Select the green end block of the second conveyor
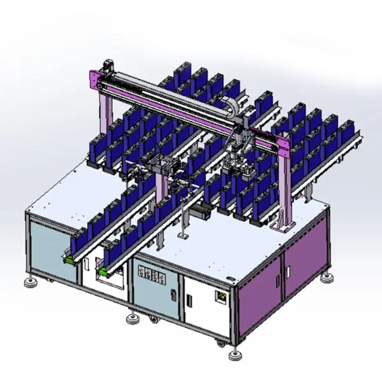point(101,272)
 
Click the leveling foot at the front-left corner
point(29,281)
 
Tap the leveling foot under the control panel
point(132,316)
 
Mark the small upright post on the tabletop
point(183,220)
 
